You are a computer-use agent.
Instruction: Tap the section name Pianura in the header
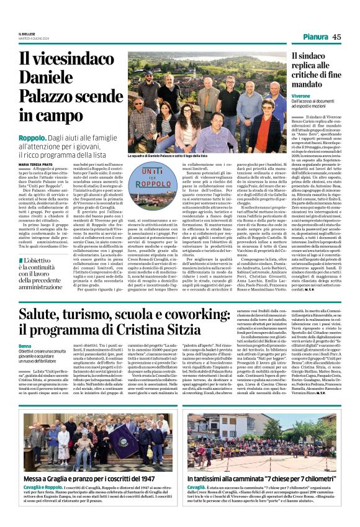pyautogui.click(x=315, y=37)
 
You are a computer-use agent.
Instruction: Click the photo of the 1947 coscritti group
pyautogui.click(x=91, y=439)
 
